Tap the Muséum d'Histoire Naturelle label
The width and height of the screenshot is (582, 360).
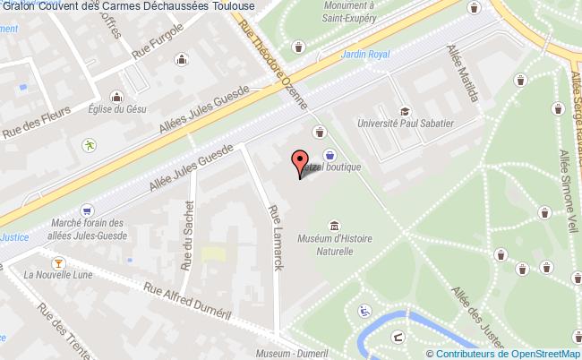pos(334,244)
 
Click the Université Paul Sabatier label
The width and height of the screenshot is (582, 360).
pos(406,124)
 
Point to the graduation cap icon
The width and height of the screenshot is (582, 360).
pos(406,111)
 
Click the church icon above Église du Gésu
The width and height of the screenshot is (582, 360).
pos(116,96)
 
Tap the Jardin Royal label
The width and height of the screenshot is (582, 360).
pos(365,55)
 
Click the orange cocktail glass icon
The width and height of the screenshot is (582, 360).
pos(58,261)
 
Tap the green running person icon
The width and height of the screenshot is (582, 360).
pos(90,144)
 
